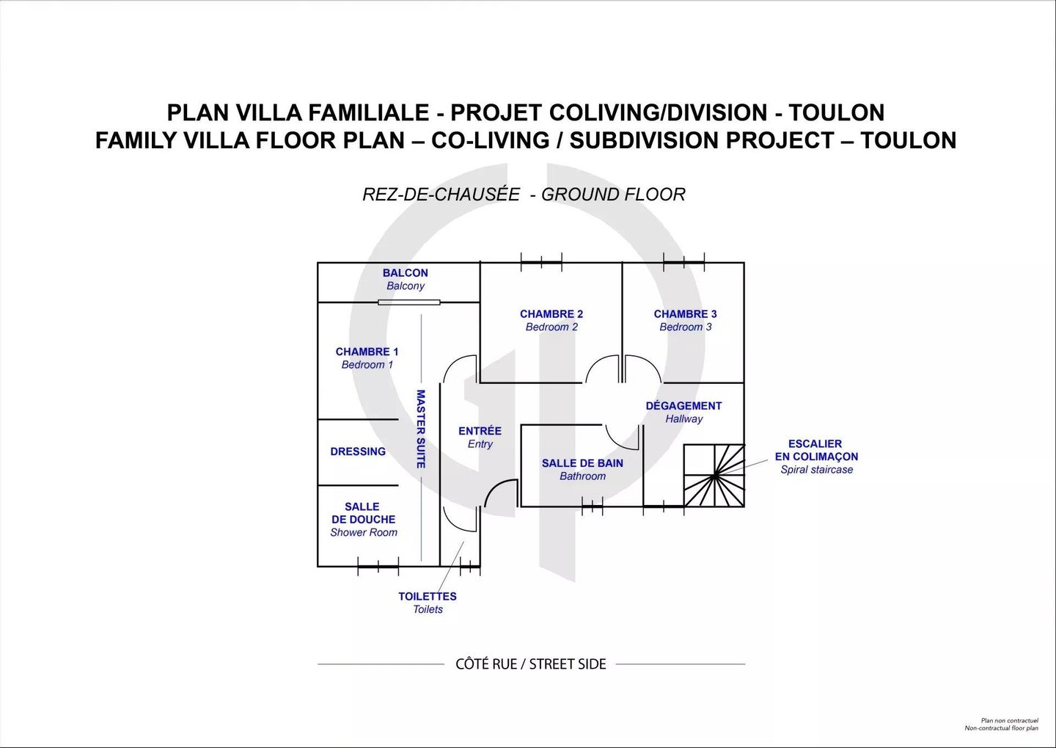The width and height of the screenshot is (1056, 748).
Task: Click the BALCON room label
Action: point(406,273)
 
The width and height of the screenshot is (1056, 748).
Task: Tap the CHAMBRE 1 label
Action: point(367,352)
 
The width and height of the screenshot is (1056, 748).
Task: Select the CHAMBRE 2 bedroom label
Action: point(551,314)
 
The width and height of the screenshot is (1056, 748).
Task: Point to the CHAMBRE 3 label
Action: point(686,314)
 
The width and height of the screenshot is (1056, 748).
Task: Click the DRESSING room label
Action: point(358,451)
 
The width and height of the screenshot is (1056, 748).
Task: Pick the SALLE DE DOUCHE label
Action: point(363,513)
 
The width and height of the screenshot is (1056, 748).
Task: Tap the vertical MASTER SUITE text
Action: point(421,429)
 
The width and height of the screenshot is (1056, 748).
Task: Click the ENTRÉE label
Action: point(480,431)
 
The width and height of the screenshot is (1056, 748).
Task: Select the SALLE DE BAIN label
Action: point(583,463)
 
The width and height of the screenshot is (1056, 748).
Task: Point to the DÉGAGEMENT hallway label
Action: point(683,406)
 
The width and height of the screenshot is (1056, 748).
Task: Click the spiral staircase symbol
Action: point(714,476)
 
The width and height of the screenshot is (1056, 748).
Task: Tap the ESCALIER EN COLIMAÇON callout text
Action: point(816,450)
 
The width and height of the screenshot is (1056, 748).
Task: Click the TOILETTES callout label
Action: point(428,597)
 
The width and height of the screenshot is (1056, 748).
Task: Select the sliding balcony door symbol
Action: point(409,302)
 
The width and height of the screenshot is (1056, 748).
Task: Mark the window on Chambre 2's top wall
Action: point(541,262)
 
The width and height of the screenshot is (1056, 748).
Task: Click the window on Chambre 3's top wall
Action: point(684,262)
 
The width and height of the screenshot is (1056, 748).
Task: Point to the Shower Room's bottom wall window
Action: point(378,566)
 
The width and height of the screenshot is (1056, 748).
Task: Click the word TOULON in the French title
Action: point(837,113)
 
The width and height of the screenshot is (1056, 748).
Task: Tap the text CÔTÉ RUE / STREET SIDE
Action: point(531,664)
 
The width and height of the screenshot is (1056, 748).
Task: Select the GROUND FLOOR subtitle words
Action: point(613,195)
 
